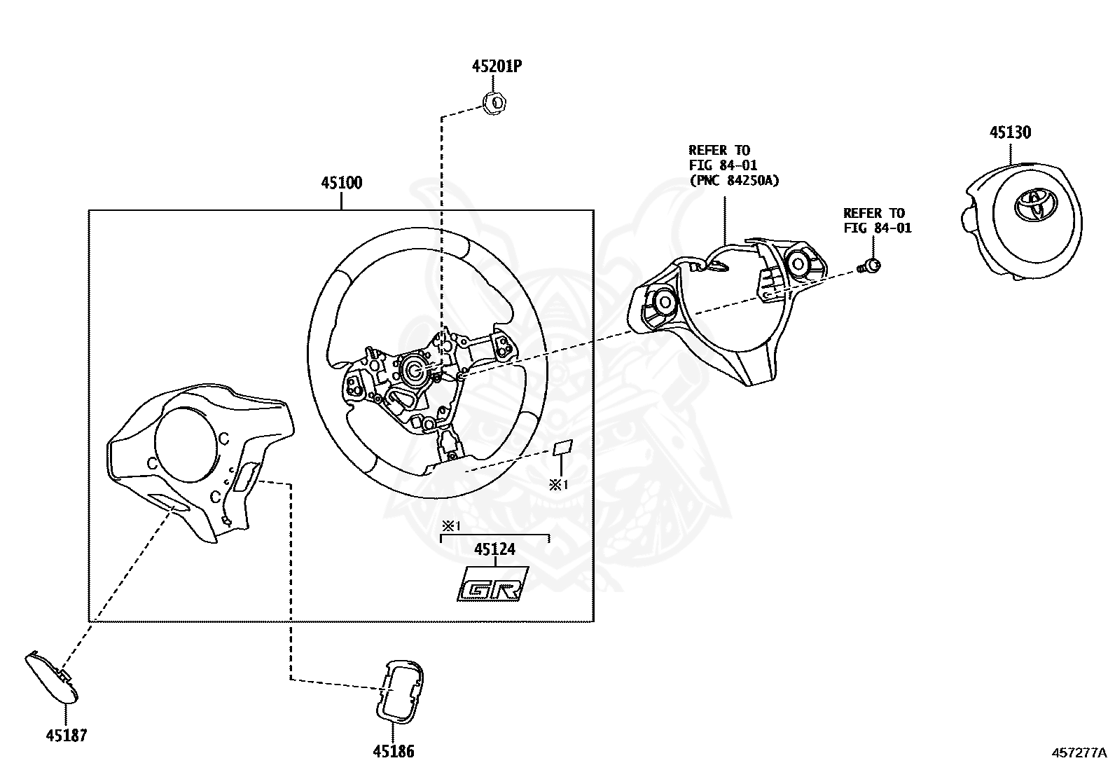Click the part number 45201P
[x=497, y=67]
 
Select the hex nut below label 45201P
[x=497, y=103]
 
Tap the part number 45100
[x=342, y=183]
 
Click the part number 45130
[x=1009, y=132]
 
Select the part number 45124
[x=494, y=549]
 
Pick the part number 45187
[x=67, y=735]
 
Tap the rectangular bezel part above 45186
[x=400, y=689]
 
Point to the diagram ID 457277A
[x=1079, y=753]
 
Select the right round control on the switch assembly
[x=798, y=263]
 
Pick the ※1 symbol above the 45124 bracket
[x=449, y=525]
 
